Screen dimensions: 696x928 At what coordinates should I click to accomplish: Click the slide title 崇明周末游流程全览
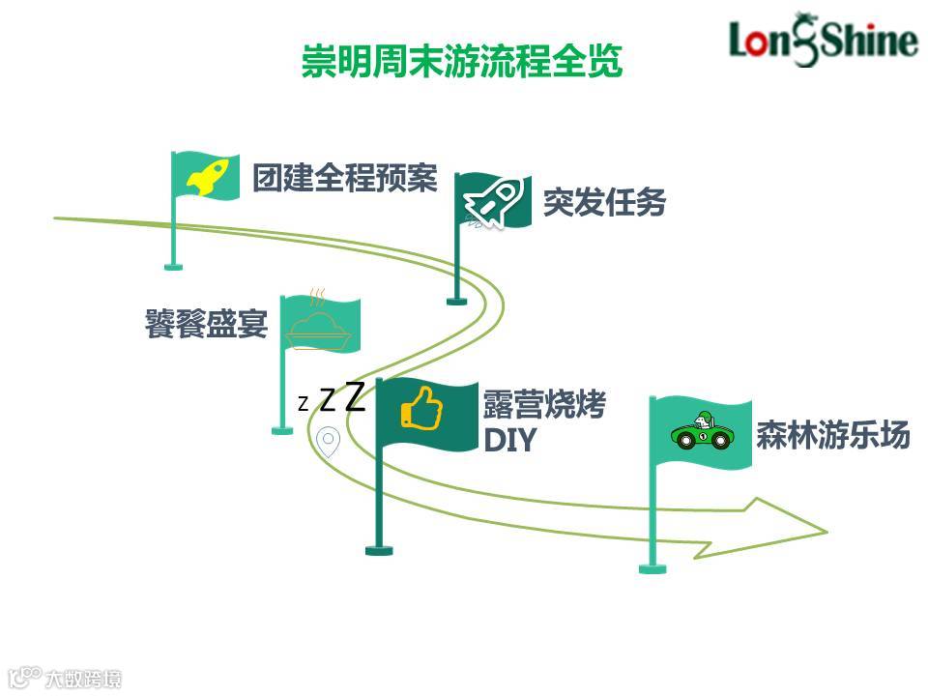click(x=462, y=60)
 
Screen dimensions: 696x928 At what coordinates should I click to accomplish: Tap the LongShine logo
click(x=823, y=41)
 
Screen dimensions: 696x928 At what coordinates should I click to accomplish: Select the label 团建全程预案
click(x=345, y=179)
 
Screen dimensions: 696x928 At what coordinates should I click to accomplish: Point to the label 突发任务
click(x=604, y=203)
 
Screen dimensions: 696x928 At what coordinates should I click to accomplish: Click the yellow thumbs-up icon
click(x=421, y=408)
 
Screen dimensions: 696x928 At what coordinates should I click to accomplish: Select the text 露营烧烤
click(x=544, y=405)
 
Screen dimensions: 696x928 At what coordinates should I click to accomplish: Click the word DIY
click(x=509, y=441)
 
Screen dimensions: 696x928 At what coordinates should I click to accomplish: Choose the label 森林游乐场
click(x=833, y=435)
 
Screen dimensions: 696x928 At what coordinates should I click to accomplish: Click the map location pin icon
click(x=329, y=442)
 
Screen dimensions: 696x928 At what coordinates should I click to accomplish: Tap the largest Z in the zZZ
click(x=355, y=396)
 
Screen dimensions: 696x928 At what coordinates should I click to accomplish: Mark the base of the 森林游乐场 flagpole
click(x=652, y=568)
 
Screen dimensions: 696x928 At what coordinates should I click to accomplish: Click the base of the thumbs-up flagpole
click(x=379, y=550)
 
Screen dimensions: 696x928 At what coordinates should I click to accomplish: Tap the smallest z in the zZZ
click(x=303, y=404)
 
